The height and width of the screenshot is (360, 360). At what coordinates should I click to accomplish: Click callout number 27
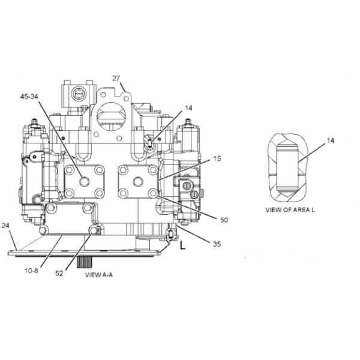116,79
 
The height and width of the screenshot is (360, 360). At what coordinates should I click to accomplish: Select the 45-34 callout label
29,97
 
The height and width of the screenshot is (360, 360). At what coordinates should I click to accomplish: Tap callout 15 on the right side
217,158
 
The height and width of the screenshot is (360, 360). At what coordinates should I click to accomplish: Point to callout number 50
224,220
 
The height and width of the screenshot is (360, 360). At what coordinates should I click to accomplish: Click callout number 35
217,244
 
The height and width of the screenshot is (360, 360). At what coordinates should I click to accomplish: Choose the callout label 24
5,226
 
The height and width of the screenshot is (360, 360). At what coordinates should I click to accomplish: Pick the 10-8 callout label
31,271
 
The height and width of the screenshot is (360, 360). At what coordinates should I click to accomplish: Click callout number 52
59,274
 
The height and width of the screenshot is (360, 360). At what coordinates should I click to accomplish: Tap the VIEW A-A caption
99,275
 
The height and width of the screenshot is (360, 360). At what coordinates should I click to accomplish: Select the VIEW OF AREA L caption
290,210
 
